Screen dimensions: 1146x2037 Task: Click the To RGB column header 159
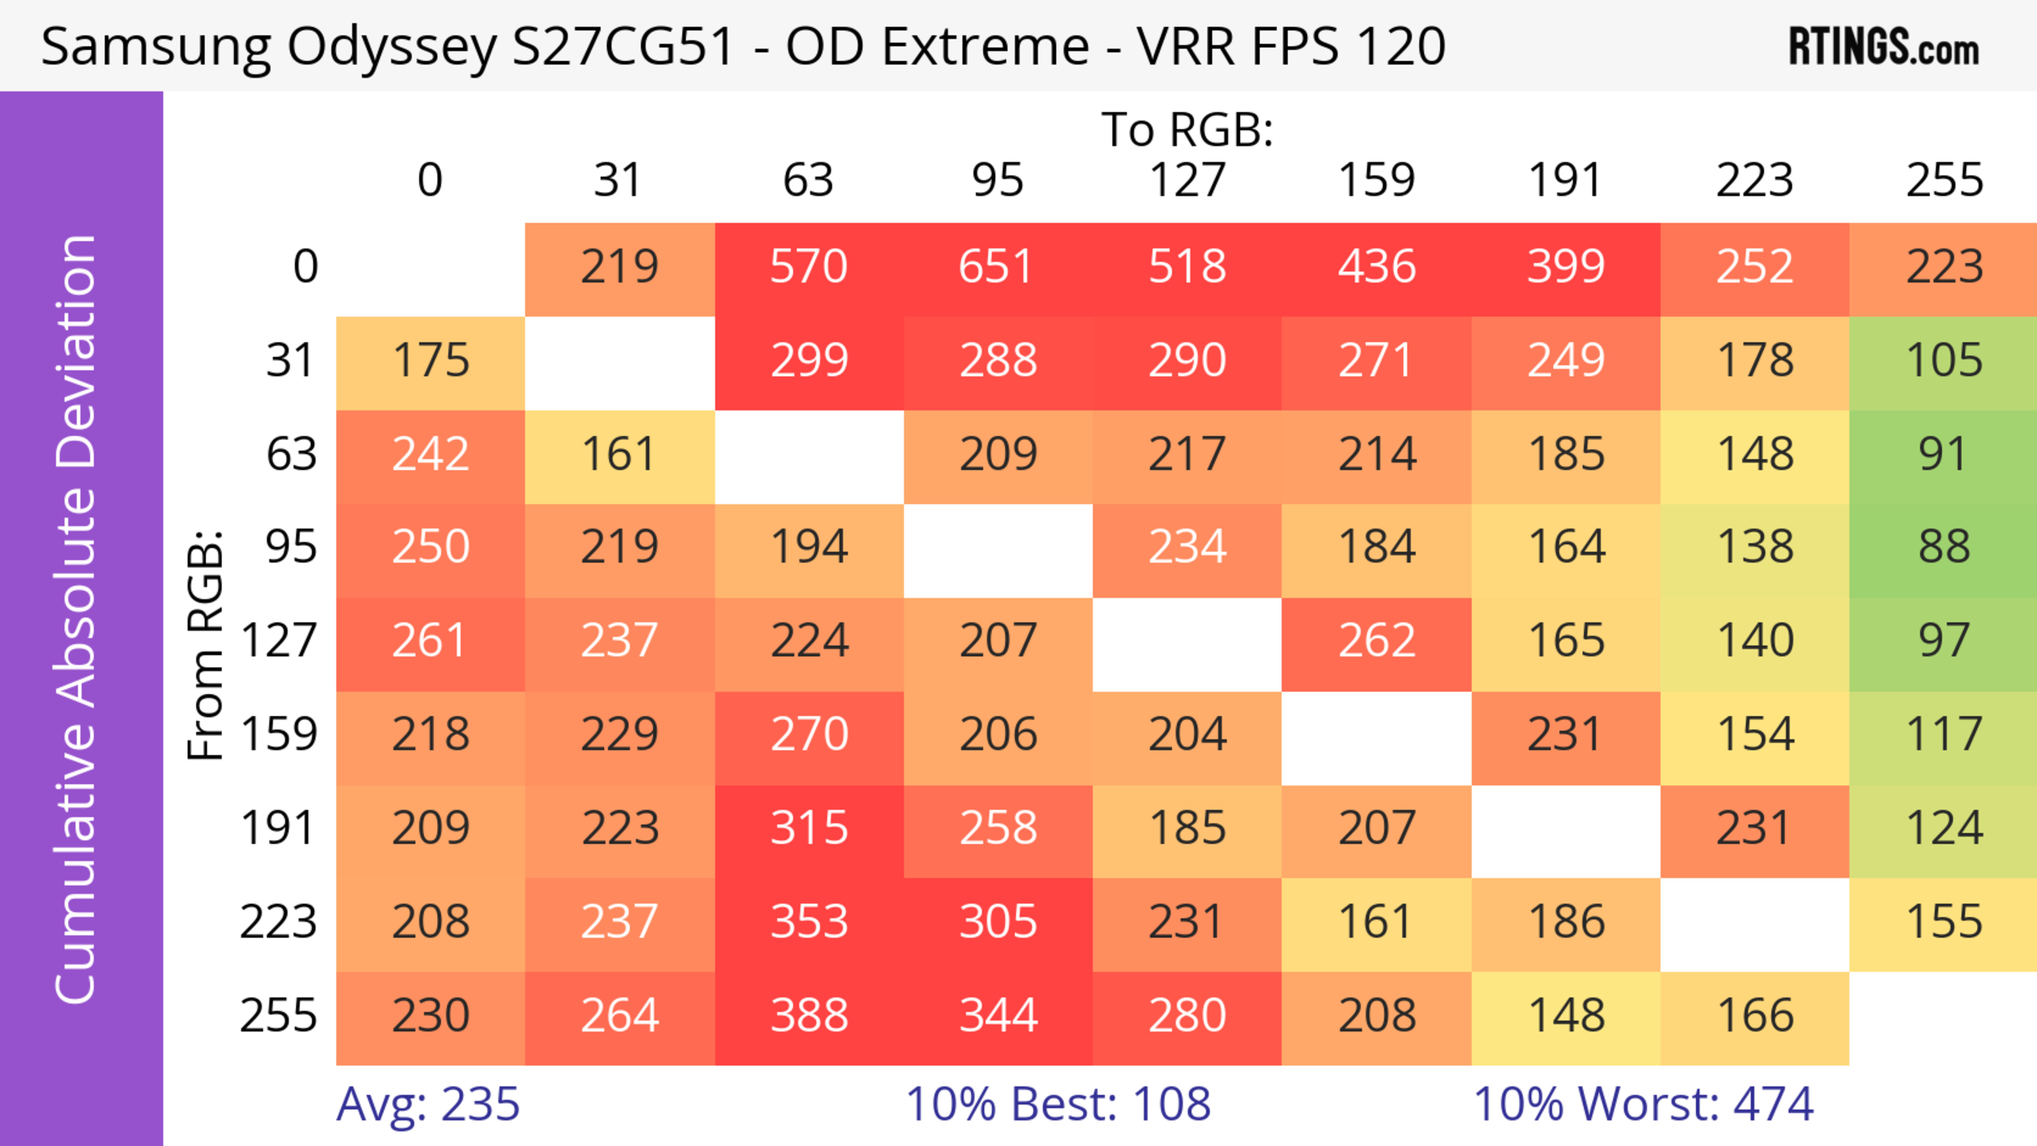[1377, 180]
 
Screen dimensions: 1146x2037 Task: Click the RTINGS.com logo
[1884, 47]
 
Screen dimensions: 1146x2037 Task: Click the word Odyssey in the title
[392, 47]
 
